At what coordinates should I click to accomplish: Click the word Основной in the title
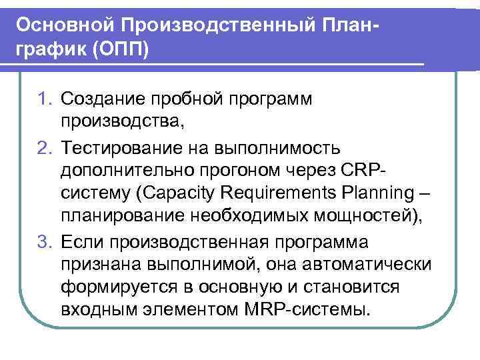(x=65, y=25)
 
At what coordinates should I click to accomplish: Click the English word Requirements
(x=273, y=194)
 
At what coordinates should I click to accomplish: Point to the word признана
(x=97, y=264)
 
